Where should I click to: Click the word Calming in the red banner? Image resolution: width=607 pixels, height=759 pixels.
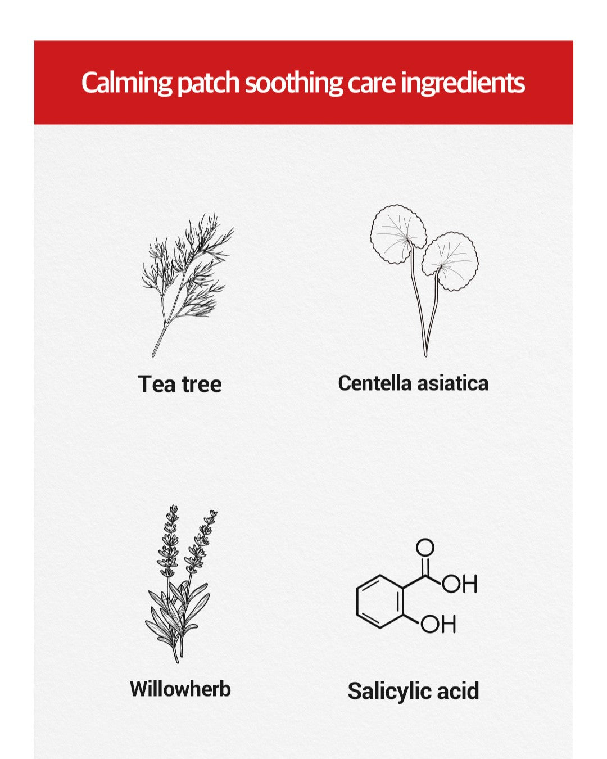coord(126,83)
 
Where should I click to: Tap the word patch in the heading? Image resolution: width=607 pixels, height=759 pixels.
coord(209,83)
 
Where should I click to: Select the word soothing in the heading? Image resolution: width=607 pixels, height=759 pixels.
coord(293,83)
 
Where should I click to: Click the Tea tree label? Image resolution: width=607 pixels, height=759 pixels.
coord(179,384)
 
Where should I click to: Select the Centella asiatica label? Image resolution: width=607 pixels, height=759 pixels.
coord(413,383)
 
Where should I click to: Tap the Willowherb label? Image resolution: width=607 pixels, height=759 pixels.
coord(180,689)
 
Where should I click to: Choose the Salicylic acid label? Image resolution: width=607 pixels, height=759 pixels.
coord(413,691)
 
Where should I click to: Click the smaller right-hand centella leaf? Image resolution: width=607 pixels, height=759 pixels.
coord(450,261)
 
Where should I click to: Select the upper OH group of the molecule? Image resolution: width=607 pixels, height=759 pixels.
coord(459,584)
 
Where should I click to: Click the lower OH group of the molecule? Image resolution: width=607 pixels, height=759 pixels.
coord(438,624)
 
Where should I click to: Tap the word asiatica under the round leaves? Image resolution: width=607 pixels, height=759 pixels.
coord(453,383)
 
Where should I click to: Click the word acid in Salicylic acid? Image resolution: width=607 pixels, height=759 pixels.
coord(458,691)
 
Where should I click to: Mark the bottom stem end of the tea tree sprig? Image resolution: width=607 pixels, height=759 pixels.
coord(153,355)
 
